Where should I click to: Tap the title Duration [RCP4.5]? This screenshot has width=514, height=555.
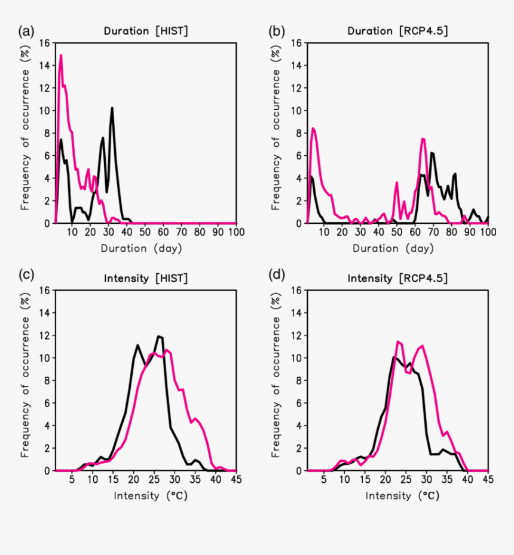(397, 30)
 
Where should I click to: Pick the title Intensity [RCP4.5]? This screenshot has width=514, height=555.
(397, 278)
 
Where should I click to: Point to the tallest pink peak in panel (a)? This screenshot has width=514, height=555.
(61, 55)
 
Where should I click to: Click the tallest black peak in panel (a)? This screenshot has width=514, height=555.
(112, 108)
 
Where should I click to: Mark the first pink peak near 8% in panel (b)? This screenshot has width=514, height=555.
(313, 128)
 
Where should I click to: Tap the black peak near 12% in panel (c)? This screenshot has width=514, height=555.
(159, 337)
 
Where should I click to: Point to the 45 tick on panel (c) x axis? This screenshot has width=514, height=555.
(237, 479)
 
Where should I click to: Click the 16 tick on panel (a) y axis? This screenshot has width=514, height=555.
(45, 43)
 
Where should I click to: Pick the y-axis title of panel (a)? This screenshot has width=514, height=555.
(25, 132)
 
